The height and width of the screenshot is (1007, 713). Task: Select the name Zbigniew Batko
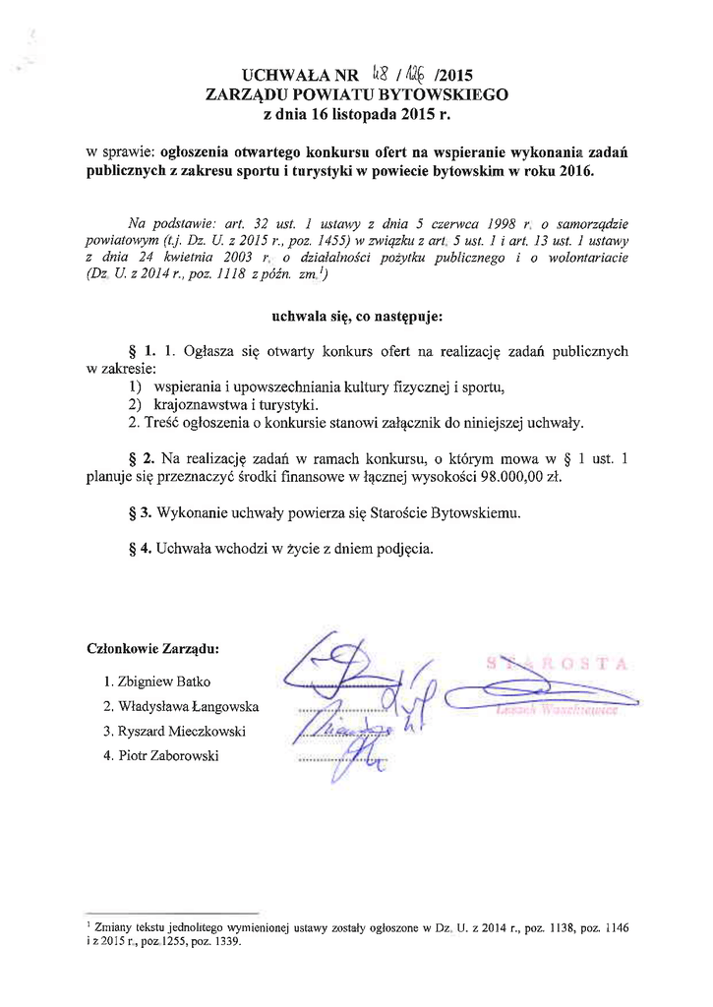pos(164,681)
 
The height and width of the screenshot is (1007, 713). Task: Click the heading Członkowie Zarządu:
pos(153,649)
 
